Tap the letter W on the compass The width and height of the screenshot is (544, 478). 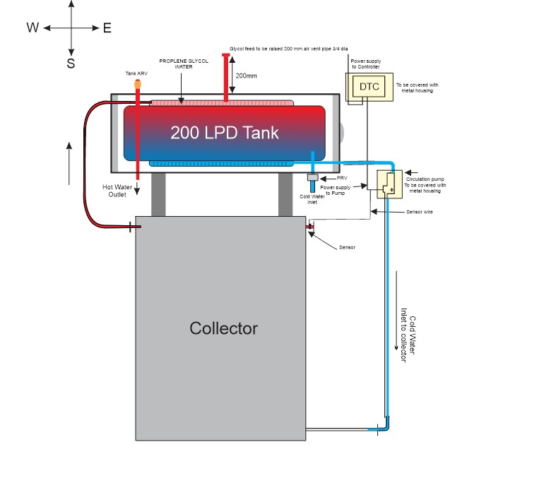32,28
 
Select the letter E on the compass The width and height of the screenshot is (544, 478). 107,28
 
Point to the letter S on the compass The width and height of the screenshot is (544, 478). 71,64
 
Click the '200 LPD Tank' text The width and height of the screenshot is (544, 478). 225,132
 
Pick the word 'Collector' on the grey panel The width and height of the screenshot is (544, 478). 223,328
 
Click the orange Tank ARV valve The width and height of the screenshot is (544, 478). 137,83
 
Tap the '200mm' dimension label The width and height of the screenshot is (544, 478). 246,75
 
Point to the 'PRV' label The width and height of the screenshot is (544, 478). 343,178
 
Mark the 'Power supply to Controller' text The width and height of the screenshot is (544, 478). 367,64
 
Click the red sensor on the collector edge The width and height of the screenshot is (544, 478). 309,227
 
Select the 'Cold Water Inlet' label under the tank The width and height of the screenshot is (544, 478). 311,198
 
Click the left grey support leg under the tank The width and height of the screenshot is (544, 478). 158,194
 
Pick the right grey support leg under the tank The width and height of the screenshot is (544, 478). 285,194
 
